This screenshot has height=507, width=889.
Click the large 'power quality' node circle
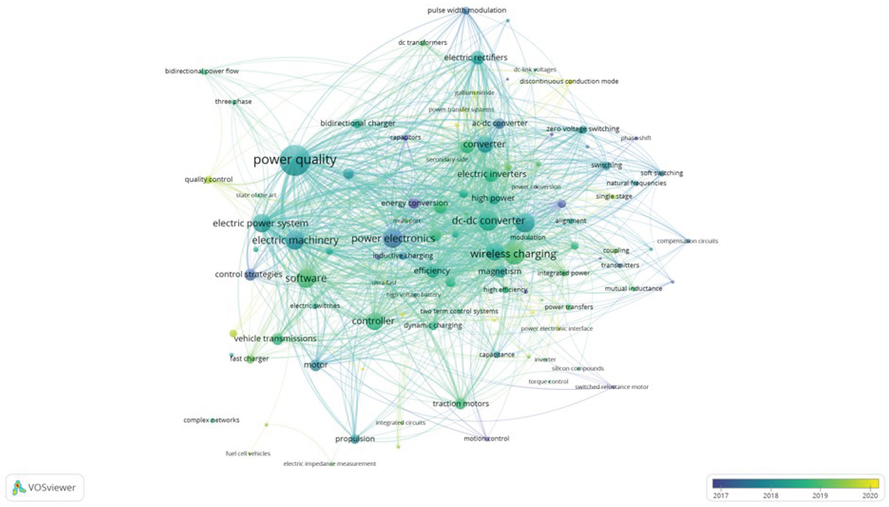click(x=295, y=161)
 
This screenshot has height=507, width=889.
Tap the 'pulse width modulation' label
click(x=467, y=10)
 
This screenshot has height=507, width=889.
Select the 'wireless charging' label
click(x=513, y=254)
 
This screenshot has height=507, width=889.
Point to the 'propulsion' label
click(x=355, y=439)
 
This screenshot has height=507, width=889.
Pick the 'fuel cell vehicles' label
click(x=248, y=453)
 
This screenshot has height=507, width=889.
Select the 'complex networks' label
click(x=211, y=420)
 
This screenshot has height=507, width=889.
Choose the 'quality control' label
click(x=208, y=179)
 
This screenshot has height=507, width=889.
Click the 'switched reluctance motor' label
click(x=612, y=387)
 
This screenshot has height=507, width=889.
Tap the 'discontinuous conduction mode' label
click(x=569, y=81)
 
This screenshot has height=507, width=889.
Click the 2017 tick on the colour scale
click(x=720, y=495)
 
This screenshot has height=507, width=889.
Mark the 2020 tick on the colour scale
click(x=870, y=495)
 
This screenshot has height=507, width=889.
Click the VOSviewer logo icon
click(x=19, y=488)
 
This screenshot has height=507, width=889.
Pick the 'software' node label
click(x=306, y=278)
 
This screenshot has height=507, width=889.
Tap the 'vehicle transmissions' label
click(x=275, y=338)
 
